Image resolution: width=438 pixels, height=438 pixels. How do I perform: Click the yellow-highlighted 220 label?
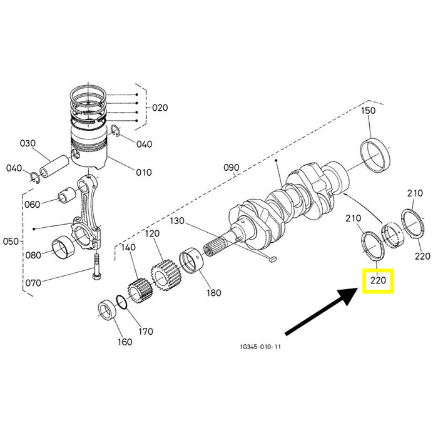click(378, 280)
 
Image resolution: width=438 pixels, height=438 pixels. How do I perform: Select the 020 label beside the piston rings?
click(160, 108)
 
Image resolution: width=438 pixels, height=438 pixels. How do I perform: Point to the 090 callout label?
click(232, 168)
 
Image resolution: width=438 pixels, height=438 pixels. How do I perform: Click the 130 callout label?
click(177, 221)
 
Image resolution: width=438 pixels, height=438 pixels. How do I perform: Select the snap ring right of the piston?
click(115, 131)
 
